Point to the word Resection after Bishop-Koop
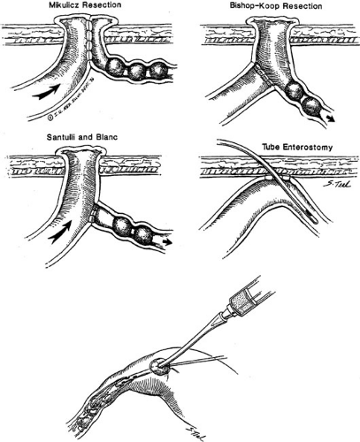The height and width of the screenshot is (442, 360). pyautogui.click(x=303, y=6)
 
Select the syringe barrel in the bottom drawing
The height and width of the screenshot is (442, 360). pyautogui.click(x=250, y=298)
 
